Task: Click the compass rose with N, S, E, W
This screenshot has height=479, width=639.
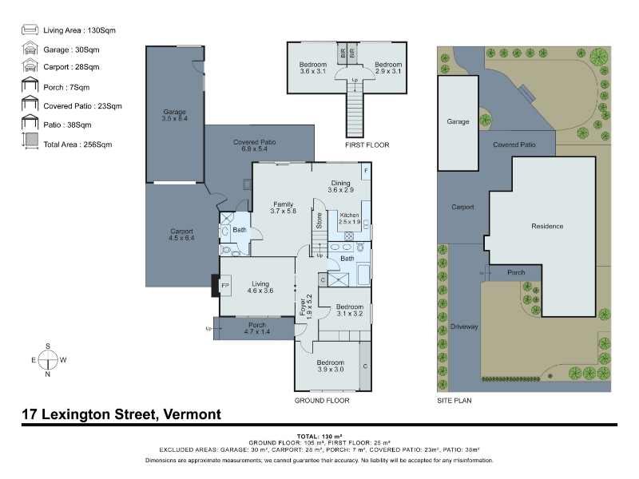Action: pyautogui.click(x=48, y=360)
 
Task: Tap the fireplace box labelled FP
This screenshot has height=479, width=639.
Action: pyautogui.click(x=225, y=286)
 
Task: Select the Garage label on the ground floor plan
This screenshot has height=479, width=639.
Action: pyautogui.click(x=174, y=115)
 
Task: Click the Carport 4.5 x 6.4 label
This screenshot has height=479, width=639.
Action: pyautogui.click(x=181, y=235)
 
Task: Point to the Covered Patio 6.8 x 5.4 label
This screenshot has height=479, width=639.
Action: pyautogui.click(x=254, y=145)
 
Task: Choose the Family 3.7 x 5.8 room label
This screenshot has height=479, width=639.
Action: pyautogui.click(x=284, y=208)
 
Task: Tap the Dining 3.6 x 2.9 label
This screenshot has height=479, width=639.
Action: pyautogui.click(x=341, y=187)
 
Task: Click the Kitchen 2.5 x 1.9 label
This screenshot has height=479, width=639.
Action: pyautogui.click(x=349, y=218)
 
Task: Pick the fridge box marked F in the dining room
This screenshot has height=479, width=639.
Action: pyautogui.click(x=366, y=171)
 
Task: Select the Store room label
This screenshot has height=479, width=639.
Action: pyautogui.click(x=319, y=220)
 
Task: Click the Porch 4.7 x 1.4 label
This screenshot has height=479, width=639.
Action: pyautogui.click(x=257, y=328)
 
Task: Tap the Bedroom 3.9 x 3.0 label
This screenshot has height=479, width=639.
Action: pyautogui.click(x=331, y=366)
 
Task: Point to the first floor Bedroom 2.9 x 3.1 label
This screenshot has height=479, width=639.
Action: pyautogui.click(x=388, y=68)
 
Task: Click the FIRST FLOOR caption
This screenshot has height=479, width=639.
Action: pyautogui.click(x=367, y=145)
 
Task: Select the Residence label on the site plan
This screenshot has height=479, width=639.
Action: pyautogui.click(x=547, y=226)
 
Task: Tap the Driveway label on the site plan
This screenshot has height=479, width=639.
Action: pyautogui.click(x=464, y=327)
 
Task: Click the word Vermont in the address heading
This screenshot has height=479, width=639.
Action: pyautogui.click(x=192, y=414)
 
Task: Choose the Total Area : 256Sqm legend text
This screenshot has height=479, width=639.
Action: pyautogui.click(x=77, y=144)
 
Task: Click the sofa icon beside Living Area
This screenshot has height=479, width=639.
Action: pyautogui.click(x=30, y=30)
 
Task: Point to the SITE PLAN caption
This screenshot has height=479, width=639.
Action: pyautogui.click(x=454, y=401)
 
